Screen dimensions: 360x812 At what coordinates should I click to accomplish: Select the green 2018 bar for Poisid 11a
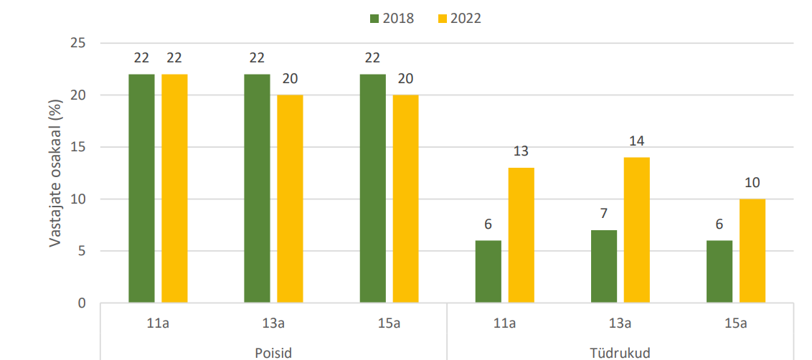141,188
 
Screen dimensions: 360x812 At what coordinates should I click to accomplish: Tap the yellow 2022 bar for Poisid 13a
290,199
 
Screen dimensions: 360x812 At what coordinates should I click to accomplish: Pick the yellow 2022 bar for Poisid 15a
405,199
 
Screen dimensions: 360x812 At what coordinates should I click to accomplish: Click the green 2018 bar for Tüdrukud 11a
488,271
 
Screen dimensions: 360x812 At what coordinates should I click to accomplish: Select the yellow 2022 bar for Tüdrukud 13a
636,229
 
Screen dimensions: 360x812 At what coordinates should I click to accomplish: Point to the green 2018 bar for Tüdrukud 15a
719,271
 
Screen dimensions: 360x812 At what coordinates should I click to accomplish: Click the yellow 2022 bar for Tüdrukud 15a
752,250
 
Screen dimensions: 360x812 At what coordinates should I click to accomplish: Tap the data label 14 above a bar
636,141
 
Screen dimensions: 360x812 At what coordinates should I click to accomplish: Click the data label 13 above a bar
521,151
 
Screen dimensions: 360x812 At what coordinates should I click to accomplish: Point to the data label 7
604,214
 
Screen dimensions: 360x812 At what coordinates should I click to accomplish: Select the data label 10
752,183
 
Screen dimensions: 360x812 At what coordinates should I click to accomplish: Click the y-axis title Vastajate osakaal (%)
55,174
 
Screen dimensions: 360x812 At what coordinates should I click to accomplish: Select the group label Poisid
273,353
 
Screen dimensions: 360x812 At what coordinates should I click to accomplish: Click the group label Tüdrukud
620,353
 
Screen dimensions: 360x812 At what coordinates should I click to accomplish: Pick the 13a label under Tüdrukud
620,323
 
